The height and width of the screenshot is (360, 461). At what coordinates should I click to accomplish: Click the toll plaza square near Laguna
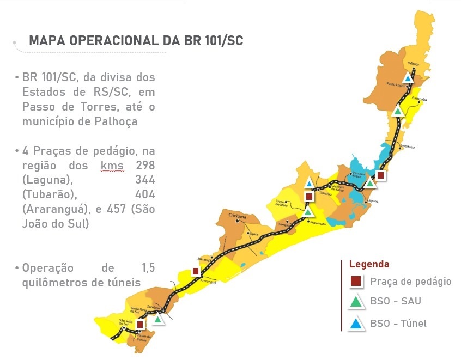click(380, 175)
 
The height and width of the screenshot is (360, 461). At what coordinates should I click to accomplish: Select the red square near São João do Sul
click(140, 325)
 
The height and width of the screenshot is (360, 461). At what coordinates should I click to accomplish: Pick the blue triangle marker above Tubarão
click(309, 183)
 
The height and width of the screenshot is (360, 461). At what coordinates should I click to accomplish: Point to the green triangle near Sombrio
click(158, 319)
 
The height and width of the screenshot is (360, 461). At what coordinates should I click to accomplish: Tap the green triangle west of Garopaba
click(398, 111)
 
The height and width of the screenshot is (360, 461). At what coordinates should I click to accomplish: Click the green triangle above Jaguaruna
click(308, 211)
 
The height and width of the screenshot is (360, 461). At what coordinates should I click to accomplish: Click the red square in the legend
click(356, 282)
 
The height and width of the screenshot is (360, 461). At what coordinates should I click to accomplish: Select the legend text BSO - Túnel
click(398, 324)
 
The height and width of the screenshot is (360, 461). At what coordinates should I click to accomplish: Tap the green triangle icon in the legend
click(356, 302)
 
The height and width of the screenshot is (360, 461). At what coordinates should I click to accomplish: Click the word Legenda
click(369, 264)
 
